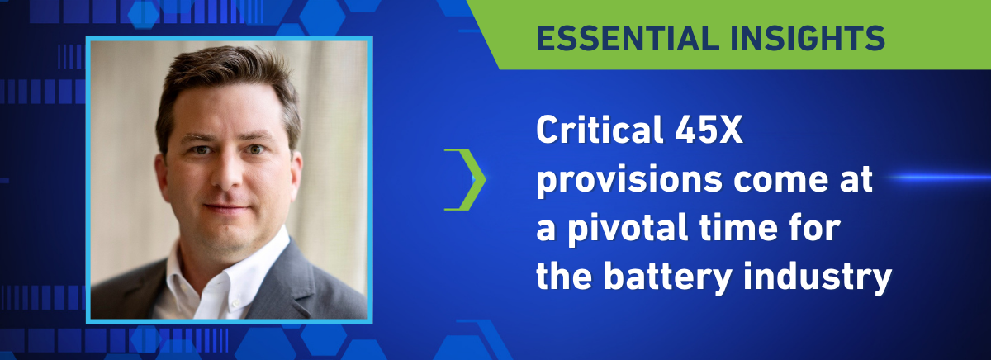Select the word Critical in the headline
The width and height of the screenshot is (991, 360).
pyautogui.click(x=600, y=129)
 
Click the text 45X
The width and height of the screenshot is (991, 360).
pyautogui.click(x=709, y=130)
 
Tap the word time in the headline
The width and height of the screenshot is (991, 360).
pyautogui.click(x=738, y=228)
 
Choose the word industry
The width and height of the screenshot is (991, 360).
pyautogui.click(x=818, y=277)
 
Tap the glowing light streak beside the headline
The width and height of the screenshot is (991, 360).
pyautogui.click(x=938, y=178)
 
